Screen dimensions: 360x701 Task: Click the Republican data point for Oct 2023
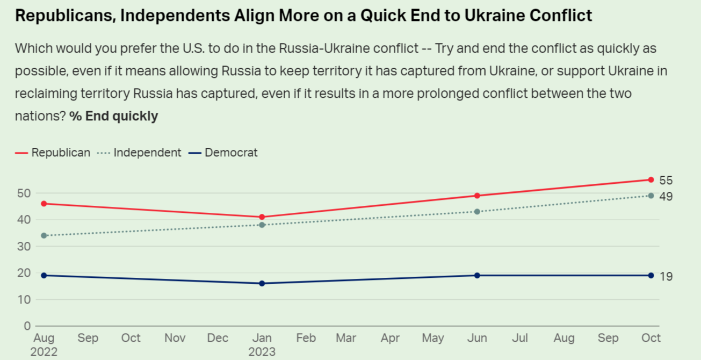click(x=651, y=180)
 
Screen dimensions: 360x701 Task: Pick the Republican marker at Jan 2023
click(x=262, y=217)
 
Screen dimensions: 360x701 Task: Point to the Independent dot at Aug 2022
click(x=44, y=235)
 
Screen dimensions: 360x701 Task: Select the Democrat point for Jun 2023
click(x=477, y=276)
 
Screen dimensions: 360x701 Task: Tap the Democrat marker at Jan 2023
click(x=262, y=283)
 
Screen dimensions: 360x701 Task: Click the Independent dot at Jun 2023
click(x=477, y=212)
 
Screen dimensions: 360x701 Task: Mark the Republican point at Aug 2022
click(x=44, y=204)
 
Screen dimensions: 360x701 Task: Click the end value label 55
click(x=666, y=181)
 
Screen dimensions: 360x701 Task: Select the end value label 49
click(x=666, y=197)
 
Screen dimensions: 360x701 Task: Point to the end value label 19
click(x=666, y=277)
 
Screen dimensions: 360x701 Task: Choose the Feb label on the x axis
click(x=306, y=338)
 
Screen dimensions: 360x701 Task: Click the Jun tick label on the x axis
click(x=477, y=338)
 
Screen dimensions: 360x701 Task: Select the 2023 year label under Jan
click(x=262, y=352)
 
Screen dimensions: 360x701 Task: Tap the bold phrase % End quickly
click(x=114, y=116)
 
